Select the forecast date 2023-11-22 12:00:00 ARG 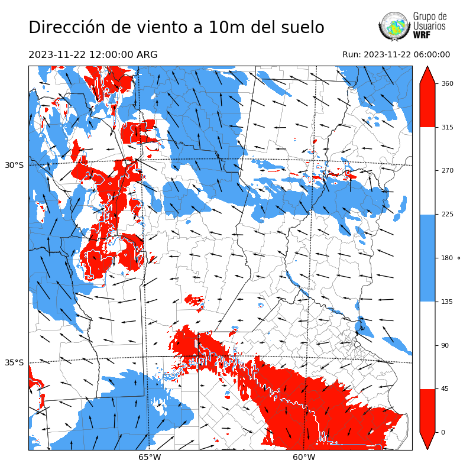pyautogui.click(x=93, y=55)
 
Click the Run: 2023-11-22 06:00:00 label pyautogui.click(x=396, y=55)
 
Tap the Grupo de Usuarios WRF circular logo pyautogui.click(x=394, y=26)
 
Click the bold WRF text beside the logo pyautogui.click(x=422, y=35)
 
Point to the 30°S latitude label pyautogui.click(x=14, y=165)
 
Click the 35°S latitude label pyautogui.click(x=14, y=362)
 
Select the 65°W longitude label pyautogui.click(x=150, y=457)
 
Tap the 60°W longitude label pyautogui.click(x=304, y=457)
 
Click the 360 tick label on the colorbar pyautogui.click(x=448, y=83)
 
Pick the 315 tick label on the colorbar pyautogui.click(x=448, y=127)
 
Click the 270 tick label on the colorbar pyautogui.click(x=448, y=170)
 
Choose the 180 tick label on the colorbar pyautogui.click(x=448, y=258)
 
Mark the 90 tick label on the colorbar pyautogui.click(x=446, y=345)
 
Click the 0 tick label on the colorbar pyautogui.click(x=444, y=432)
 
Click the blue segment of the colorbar pyautogui.click(x=427, y=258)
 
